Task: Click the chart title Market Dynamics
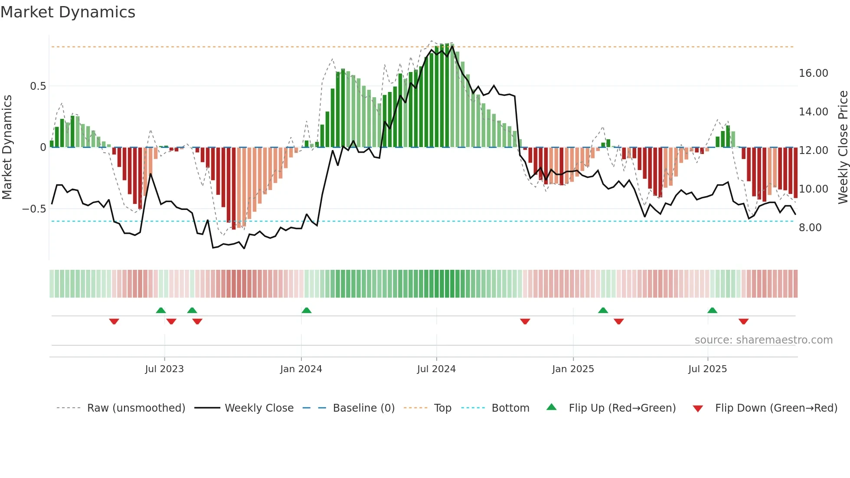[68, 12]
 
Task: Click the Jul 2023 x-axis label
[164, 369]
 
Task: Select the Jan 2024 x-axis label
[301, 369]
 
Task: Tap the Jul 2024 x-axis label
[436, 369]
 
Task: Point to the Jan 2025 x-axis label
[573, 369]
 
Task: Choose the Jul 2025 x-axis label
[707, 369]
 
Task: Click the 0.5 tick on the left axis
[38, 86]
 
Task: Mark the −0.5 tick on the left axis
[34, 209]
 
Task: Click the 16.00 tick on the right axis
[814, 73]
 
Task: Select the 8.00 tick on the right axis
[810, 228]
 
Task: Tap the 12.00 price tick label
[814, 151]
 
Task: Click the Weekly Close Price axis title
[843, 147]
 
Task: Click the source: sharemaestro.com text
[763, 340]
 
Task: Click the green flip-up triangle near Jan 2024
[307, 310]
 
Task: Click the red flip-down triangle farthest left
[114, 321]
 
